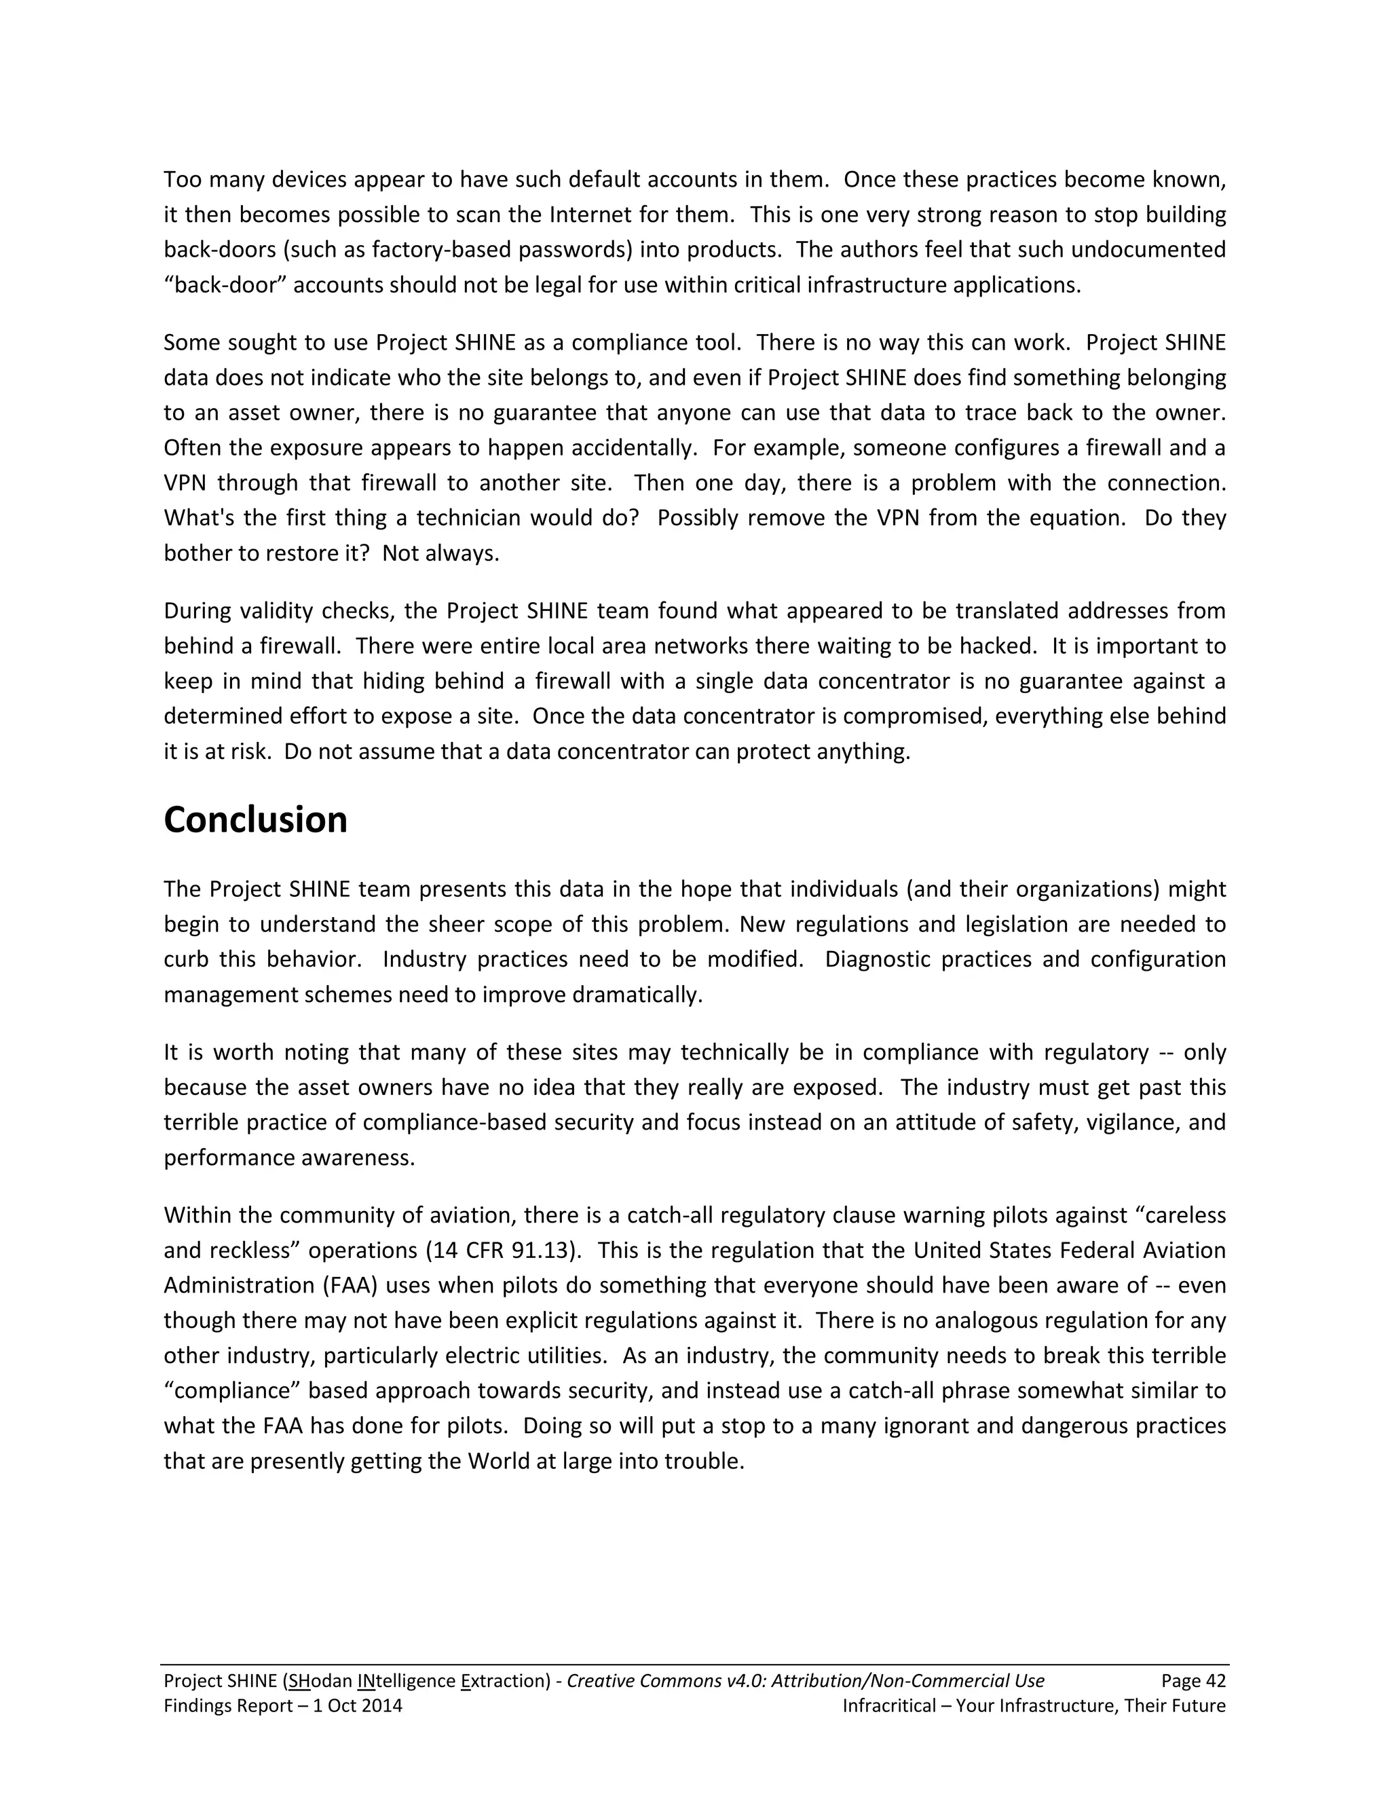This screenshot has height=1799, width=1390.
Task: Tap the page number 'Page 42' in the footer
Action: (1193, 1681)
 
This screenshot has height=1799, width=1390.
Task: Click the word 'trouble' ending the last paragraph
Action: (707, 1462)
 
